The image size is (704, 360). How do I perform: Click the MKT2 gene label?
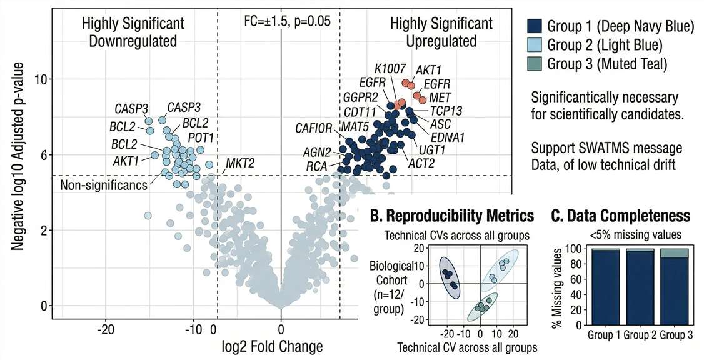click(240, 163)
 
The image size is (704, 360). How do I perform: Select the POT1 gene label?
click(201, 136)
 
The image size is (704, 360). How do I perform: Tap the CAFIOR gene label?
click(314, 129)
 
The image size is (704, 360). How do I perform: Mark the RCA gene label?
click(316, 167)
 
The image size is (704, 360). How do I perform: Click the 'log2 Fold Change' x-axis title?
click(281, 346)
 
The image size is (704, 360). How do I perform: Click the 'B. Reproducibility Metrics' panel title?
click(452, 216)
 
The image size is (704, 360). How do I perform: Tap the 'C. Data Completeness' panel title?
click(620, 216)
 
